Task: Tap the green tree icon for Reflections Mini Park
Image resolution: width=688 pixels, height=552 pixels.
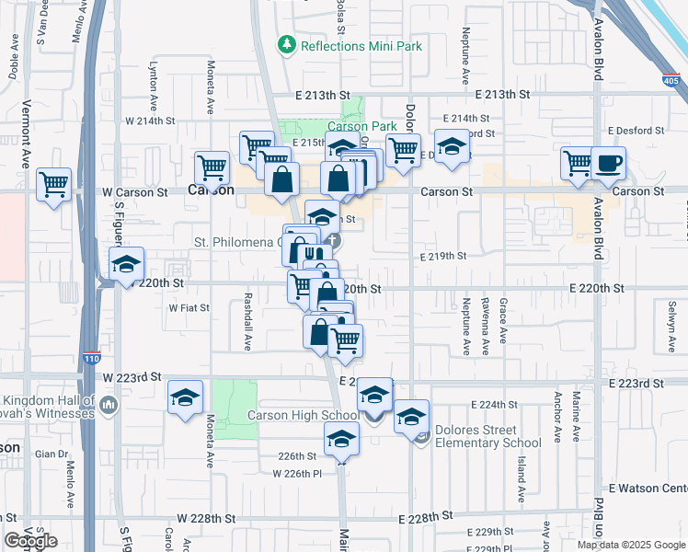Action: [x=287, y=45]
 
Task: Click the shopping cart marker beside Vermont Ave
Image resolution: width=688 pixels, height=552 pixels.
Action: [x=54, y=183]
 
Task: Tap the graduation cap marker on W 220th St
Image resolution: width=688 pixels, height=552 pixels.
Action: [x=127, y=264]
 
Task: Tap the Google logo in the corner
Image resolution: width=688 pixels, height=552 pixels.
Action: [x=30, y=541]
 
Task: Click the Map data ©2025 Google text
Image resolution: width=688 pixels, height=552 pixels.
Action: [x=631, y=544]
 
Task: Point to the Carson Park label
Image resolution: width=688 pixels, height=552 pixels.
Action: [x=362, y=126]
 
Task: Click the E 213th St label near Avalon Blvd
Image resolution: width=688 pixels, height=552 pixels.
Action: [x=503, y=94]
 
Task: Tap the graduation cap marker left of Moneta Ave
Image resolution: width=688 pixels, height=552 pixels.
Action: [x=186, y=397]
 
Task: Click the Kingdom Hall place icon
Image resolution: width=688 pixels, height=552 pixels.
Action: [x=109, y=405]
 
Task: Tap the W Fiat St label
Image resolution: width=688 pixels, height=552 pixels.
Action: [x=189, y=308]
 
